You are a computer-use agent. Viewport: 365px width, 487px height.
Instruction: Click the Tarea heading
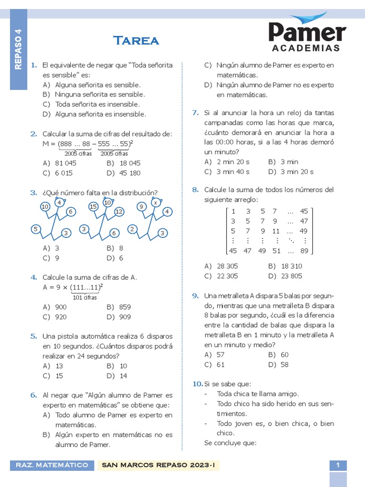[x=136, y=40]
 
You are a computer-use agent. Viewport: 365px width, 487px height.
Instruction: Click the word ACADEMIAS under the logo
[x=307, y=48]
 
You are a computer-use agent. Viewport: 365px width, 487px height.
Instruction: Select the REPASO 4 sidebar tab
[x=19, y=49]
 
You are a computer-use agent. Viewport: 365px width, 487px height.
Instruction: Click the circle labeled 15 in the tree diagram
[x=93, y=206]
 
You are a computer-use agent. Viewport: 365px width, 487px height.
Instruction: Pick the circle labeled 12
[x=119, y=211]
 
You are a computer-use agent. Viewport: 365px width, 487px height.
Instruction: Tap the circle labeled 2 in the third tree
[x=132, y=229]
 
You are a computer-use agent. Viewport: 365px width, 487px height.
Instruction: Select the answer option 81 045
[x=66, y=163]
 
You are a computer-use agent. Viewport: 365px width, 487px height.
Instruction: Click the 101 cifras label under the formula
[x=85, y=297]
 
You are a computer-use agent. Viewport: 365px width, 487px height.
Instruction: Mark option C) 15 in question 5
[x=59, y=376]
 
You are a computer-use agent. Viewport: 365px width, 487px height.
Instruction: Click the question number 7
[x=195, y=113]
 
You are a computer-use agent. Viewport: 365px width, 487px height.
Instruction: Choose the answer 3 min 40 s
[x=233, y=172]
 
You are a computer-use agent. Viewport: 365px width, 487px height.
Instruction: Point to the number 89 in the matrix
[x=304, y=251]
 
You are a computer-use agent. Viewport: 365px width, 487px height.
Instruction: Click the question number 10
[x=197, y=384]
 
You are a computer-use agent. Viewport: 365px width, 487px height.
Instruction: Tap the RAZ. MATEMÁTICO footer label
[x=52, y=465]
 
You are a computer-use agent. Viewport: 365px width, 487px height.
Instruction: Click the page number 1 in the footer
[x=338, y=465]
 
